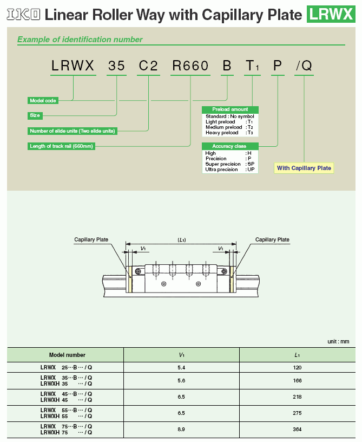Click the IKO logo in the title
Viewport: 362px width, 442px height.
point(23,14)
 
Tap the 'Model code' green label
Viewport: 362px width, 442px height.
point(44,100)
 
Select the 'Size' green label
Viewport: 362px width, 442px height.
point(35,115)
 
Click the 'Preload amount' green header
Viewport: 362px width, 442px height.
point(230,109)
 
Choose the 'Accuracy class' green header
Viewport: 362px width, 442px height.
point(230,146)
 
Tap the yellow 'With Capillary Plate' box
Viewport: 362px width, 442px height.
point(304,168)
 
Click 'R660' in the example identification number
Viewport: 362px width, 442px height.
point(190,67)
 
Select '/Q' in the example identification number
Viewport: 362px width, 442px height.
point(304,67)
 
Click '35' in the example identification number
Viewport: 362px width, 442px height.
point(116,67)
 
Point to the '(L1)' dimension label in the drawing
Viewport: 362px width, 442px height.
point(182,239)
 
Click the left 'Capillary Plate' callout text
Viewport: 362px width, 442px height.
point(91,239)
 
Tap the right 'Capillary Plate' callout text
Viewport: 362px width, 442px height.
point(272,239)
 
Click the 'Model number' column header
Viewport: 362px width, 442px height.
point(67,355)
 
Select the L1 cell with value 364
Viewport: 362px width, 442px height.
point(298,430)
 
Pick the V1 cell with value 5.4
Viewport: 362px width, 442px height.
point(181,368)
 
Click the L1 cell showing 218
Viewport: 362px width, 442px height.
point(298,397)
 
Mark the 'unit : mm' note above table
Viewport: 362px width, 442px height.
point(338,341)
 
